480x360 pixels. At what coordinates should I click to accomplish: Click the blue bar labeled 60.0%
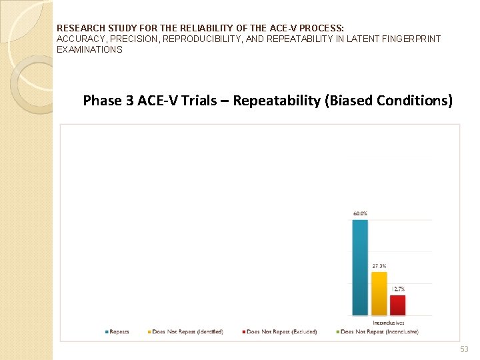[359, 267]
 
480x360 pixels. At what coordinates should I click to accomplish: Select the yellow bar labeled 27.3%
[379, 293]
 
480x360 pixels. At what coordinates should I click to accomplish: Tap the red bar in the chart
[397, 305]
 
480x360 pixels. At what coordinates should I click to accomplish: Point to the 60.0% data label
[359, 213]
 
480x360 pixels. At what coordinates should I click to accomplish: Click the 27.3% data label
[379, 265]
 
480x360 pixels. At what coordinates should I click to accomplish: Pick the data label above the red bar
[399, 289]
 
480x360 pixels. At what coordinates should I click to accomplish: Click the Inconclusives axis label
[389, 322]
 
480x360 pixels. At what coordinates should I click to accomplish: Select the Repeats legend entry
[117, 331]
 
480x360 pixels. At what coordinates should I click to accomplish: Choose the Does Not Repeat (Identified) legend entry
[187, 331]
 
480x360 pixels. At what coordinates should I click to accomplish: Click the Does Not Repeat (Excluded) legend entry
[281, 331]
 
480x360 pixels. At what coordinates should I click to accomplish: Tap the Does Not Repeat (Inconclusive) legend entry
[376, 331]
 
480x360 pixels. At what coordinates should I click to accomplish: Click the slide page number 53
[464, 349]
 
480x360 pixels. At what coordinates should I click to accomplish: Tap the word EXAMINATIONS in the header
[89, 49]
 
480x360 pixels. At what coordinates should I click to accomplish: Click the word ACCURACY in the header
[82, 39]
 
